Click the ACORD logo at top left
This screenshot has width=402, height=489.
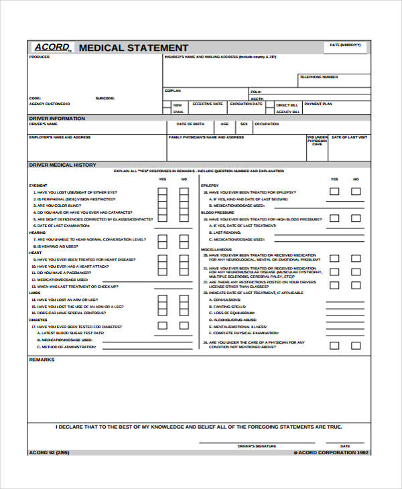tap(52, 48)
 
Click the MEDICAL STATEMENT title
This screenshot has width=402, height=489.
tap(133, 48)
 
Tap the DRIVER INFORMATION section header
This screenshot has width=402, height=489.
tap(57, 118)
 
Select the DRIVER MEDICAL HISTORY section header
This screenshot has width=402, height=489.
tap(62, 164)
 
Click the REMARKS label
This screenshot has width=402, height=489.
tap(42, 360)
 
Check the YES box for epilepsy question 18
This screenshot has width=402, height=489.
tap(334, 192)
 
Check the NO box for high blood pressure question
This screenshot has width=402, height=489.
tap(356, 218)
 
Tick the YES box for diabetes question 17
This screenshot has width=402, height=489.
tap(162, 307)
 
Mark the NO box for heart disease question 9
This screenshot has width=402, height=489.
tap(184, 259)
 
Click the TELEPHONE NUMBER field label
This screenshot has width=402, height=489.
tap(319, 77)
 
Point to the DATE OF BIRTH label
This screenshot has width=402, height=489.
tap(190, 124)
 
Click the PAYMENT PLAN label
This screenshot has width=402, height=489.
tap(318, 104)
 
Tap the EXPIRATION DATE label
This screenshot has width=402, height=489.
tap(246, 104)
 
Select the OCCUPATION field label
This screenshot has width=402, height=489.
tap(267, 124)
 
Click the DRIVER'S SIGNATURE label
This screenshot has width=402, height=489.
tap(257, 445)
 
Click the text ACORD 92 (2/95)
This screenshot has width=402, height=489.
tap(48, 452)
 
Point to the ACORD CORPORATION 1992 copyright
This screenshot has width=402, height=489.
tap(331, 452)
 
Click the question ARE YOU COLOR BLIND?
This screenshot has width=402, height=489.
tap(61, 206)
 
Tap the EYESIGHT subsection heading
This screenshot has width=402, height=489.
tap(38, 185)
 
